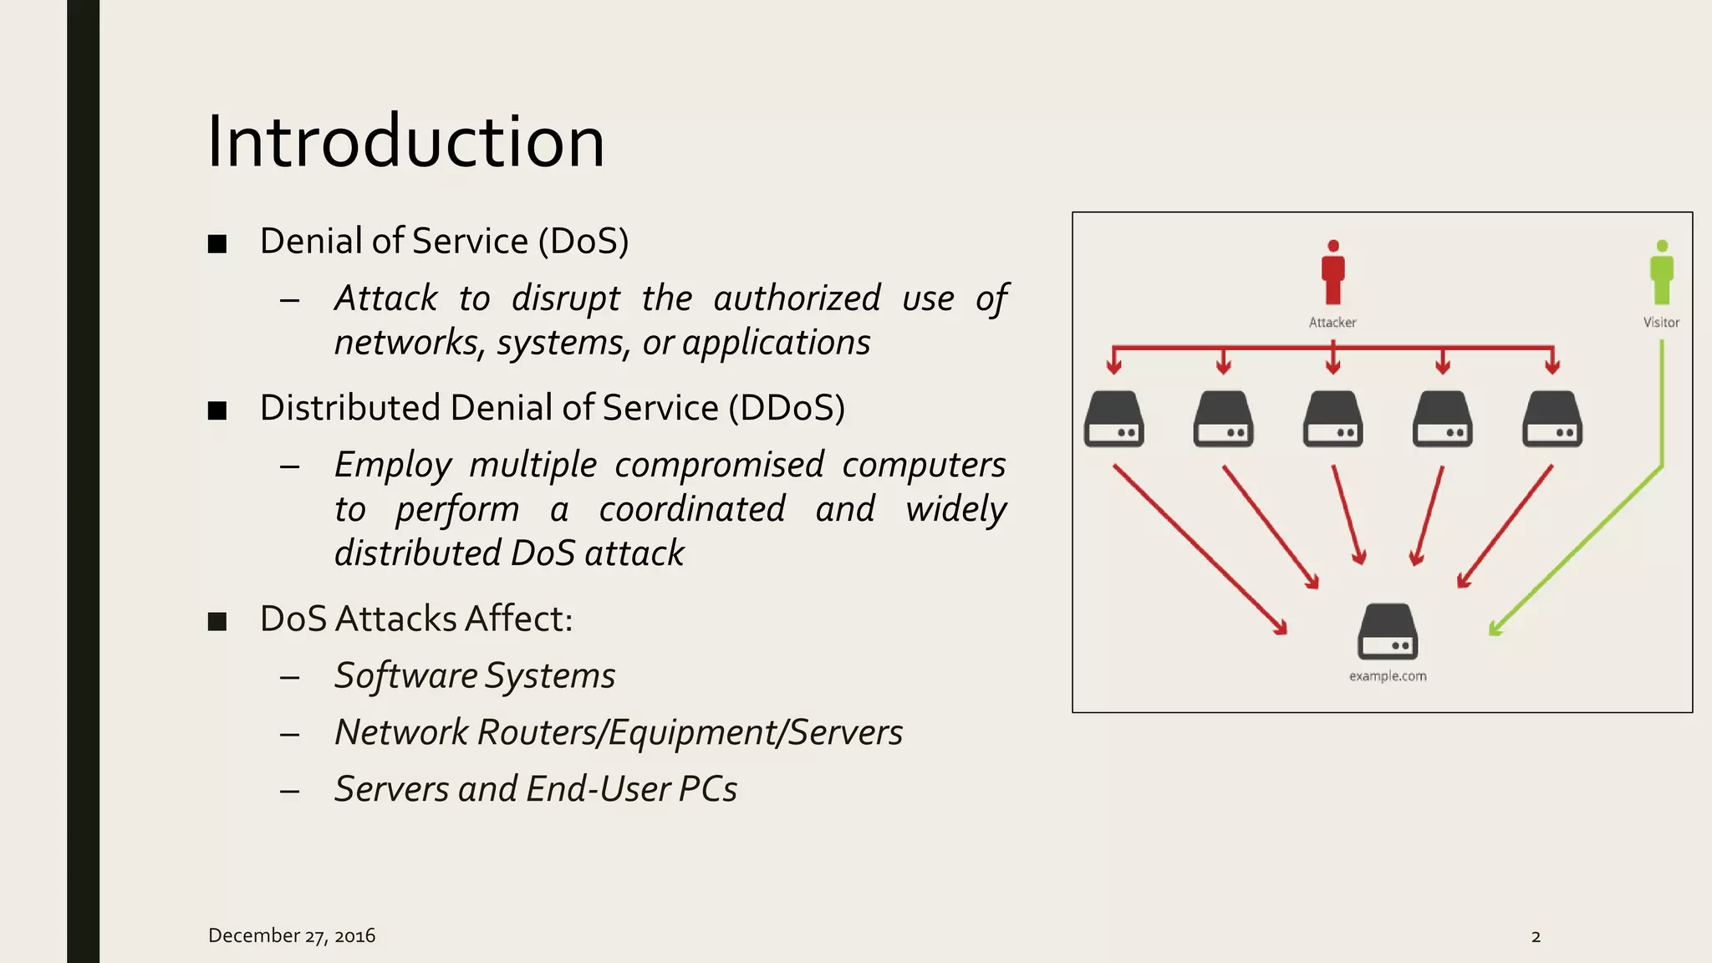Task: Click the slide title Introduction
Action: point(405,142)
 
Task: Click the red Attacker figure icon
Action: point(1332,273)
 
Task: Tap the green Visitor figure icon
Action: point(1661,273)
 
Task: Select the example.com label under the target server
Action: point(1388,676)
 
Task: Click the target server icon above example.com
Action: point(1388,632)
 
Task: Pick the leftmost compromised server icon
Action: point(1113,419)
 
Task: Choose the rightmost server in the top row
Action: point(1552,419)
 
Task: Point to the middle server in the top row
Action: point(1332,419)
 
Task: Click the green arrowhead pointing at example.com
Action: point(1496,629)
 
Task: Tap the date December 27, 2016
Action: point(292,935)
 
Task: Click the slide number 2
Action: point(1536,936)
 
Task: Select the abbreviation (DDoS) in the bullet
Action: point(787,408)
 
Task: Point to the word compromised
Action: point(719,465)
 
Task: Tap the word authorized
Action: point(797,298)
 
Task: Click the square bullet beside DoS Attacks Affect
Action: point(217,621)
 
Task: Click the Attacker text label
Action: point(1332,323)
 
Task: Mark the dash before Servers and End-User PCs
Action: point(290,790)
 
